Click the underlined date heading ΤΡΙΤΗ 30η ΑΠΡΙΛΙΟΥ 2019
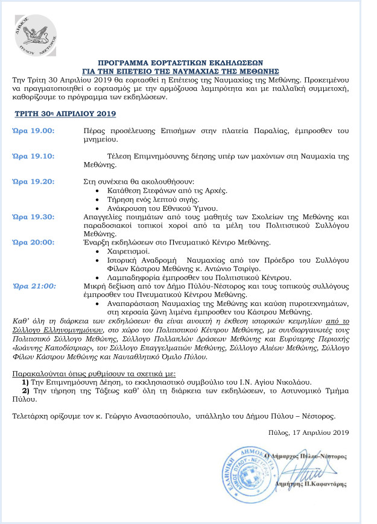[65, 113]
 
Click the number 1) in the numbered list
[26, 382]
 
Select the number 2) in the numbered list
[26, 391]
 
